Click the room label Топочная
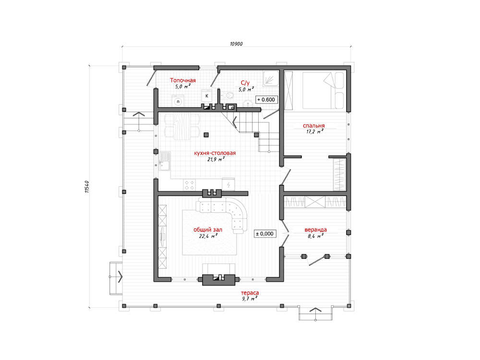[183, 81]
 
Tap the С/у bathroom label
[245, 83]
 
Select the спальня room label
[314, 125]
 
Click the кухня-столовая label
[215, 153]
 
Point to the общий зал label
[208, 229]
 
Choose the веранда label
[316, 229]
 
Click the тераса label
[250, 293]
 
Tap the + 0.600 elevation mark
[266, 99]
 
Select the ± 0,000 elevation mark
[265, 234]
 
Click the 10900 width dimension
[236, 44]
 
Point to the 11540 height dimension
[87, 186]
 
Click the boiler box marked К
[207, 96]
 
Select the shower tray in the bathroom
[271, 78]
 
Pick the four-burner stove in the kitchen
[190, 185]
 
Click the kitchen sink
[164, 161]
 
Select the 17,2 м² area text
[315, 132]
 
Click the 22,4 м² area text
[208, 236]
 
